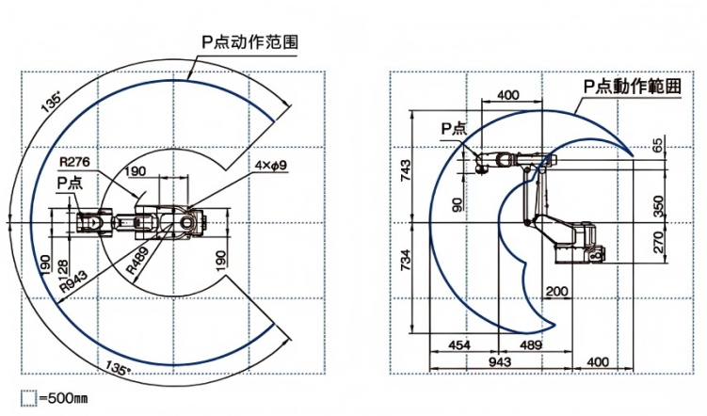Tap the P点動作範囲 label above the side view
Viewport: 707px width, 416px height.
coord(631,87)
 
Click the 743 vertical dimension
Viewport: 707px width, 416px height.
coord(406,169)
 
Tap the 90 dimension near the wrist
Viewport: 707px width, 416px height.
coord(457,203)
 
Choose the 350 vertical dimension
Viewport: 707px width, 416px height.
coord(656,205)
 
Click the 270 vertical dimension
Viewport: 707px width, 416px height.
coord(656,245)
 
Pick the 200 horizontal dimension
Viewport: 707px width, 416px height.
coord(554,292)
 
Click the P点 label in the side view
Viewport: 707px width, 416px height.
coord(454,129)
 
